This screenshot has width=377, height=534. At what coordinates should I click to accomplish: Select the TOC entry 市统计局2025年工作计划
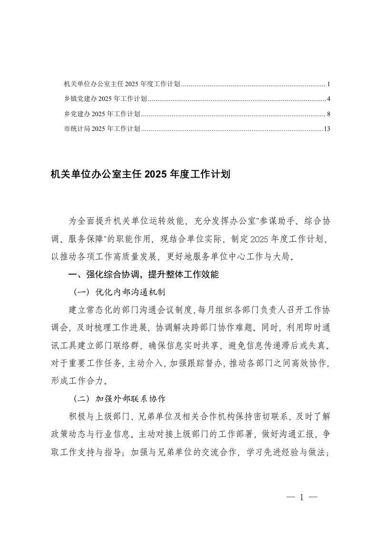(102, 129)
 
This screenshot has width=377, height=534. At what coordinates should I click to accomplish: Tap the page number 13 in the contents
(326, 129)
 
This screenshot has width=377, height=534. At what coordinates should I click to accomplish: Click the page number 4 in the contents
(329, 99)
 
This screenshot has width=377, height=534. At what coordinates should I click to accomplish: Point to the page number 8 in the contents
(329, 114)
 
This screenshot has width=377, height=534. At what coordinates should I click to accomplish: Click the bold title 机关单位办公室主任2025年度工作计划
(140, 175)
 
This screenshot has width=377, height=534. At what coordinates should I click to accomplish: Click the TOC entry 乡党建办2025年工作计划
(102, 114)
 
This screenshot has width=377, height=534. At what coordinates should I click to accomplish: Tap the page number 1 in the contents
(329, 84)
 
